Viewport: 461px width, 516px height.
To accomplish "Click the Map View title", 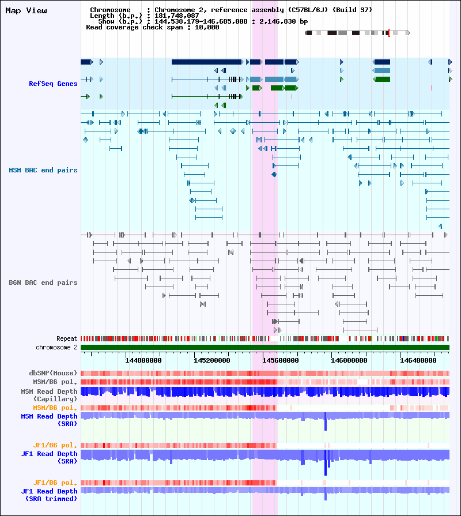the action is tap(26, 10).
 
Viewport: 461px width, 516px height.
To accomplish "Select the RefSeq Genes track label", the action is tap(53, 84).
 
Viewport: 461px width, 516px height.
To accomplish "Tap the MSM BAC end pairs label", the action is tap(43, 170).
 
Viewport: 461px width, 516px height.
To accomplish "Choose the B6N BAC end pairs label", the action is tap(43, 283).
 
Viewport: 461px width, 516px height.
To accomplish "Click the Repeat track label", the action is tap(67, 338).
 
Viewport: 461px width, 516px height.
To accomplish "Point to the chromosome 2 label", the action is tap(56, 347).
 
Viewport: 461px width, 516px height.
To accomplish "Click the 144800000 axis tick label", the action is tap(143, 360).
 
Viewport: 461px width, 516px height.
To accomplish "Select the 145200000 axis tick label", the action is tap(211, 360).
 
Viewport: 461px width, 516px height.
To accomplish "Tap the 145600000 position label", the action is tap(281, 360).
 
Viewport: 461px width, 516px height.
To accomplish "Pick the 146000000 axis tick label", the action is tap(349, 360).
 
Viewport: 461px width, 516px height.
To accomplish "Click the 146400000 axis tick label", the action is tap(418, 360).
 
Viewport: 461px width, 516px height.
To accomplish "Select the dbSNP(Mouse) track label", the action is tap(53, 373).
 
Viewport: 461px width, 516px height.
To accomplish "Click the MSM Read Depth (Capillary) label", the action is tap(49, 396).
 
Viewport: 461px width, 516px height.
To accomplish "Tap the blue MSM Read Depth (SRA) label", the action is tap(49, 420).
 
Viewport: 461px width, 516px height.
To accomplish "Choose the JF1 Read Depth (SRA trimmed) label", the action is tap(49, 495).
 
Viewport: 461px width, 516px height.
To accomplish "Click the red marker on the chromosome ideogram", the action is tap(390, 33).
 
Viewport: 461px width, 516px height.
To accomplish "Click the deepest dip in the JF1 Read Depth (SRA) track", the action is tap(326, 473).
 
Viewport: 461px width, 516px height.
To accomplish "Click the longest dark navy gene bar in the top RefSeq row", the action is tap(206, 62).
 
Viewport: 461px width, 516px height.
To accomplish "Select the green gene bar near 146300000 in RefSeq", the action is tap(382, 80).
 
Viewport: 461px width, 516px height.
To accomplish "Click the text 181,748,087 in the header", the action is tap(176, 16).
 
